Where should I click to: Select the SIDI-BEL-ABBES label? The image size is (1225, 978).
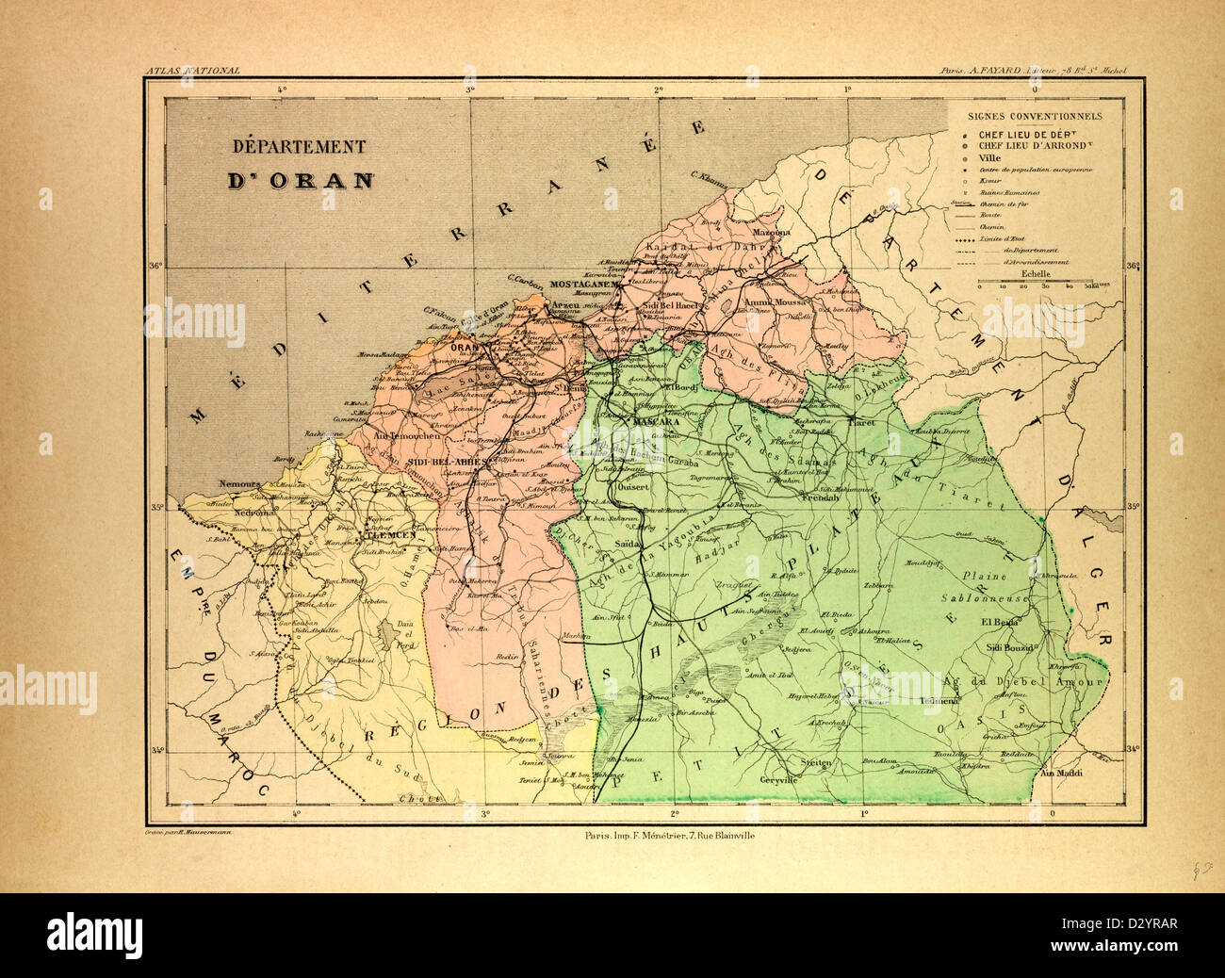click(x=447, y=463)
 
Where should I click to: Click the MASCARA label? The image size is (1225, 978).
click(x=658, y=423)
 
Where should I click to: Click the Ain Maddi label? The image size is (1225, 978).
click(x=1057, y=774)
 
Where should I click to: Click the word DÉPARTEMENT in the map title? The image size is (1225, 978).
click(x=300, y=147)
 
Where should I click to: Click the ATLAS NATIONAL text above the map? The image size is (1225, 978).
click(x=192, y=71)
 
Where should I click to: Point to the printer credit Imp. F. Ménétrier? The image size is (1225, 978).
click(x=665, y=836)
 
